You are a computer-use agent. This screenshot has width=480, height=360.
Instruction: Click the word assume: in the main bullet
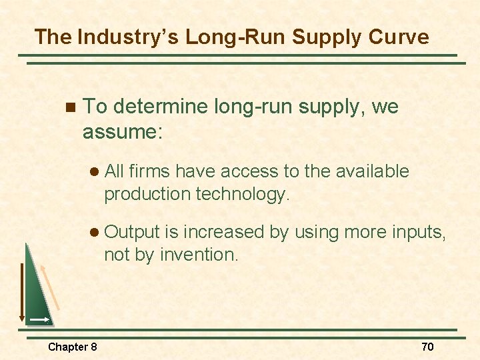(122, 131)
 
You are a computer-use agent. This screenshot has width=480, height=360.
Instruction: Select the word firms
(151, 171)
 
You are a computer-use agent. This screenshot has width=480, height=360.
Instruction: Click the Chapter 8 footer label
(72, 347)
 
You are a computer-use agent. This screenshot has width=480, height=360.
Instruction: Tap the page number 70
(427, 347)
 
